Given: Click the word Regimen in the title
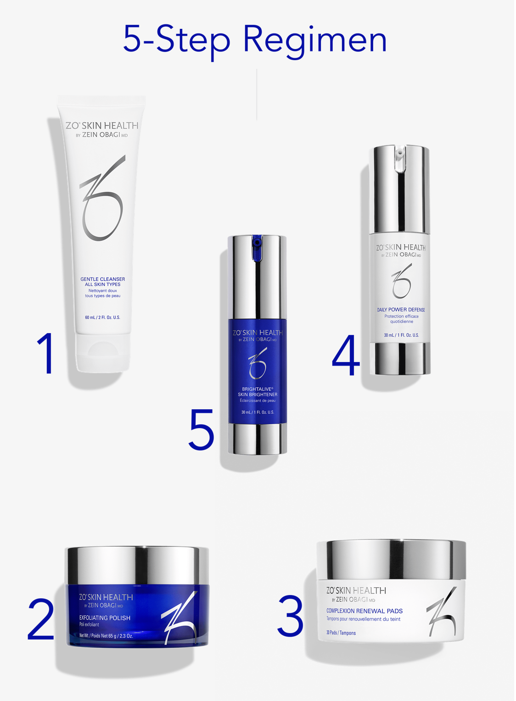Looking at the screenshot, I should (315, 40).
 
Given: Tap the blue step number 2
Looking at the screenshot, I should (41, 619).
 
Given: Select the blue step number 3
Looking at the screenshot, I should (291, 616).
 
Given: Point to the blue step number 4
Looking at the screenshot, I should (346, 355).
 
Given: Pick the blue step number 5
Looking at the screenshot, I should (202, 429).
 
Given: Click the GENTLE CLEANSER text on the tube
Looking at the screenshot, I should (102, 279).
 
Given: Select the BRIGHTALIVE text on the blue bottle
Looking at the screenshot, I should (257, 389).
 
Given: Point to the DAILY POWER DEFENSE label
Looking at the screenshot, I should (401, 310).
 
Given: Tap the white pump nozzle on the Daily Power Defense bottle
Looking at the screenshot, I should (400, 158).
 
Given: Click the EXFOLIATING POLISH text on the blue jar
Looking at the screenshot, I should (105, 618).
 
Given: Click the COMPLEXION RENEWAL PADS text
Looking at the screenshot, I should (365, 611).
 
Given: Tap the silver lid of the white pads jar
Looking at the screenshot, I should (391, 560).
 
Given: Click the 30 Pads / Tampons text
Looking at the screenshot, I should (341, 633).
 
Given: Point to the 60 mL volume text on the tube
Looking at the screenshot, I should (102, 317).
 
